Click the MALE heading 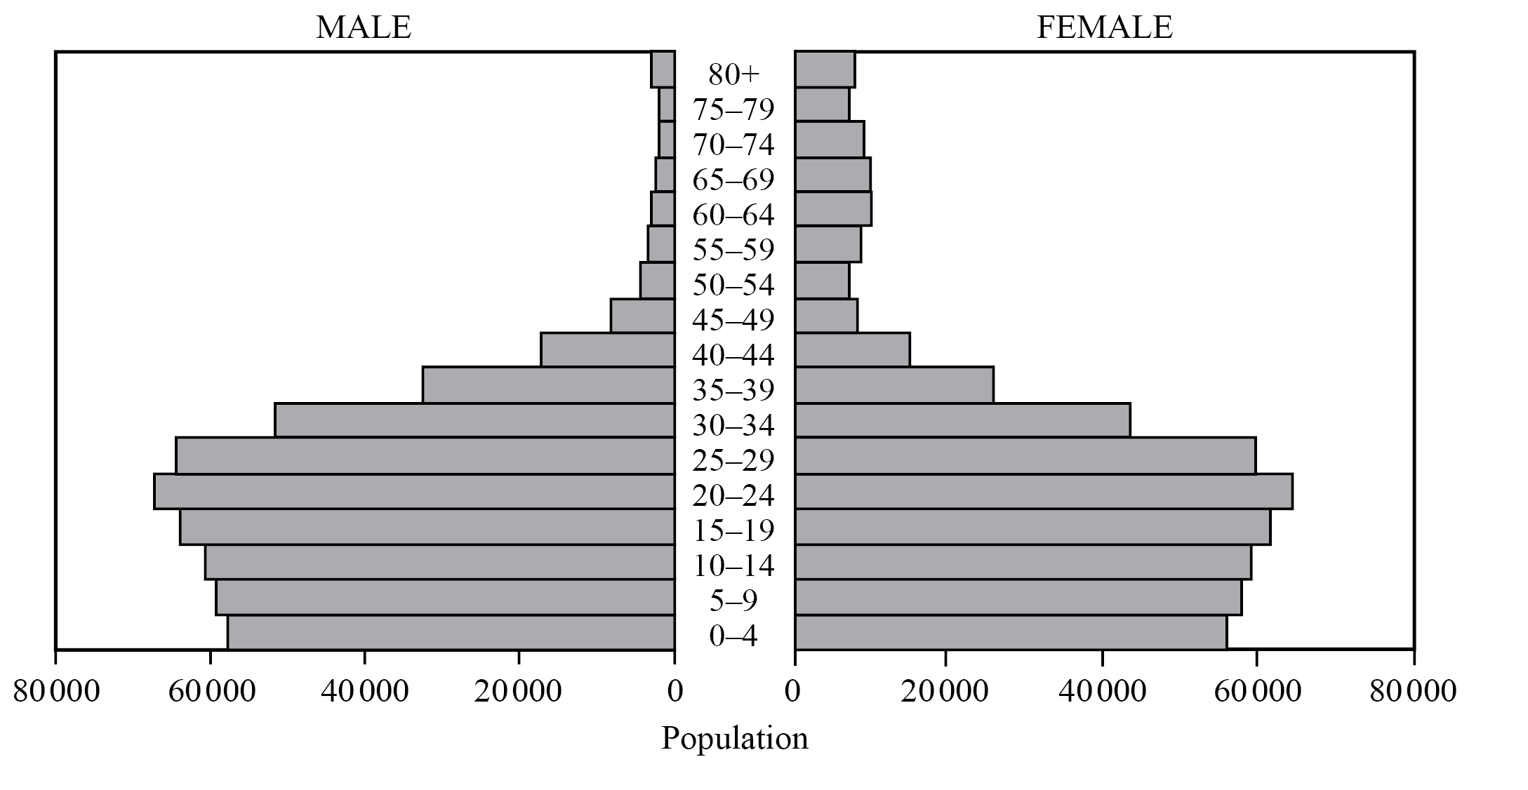click(x=363, y=27)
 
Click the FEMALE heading click(x=1104, y=27)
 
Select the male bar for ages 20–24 click(x=414, y=491)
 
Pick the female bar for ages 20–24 click(x=1044, y=491)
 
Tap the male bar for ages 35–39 click(x=548, y=384)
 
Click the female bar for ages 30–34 click(x=962, y=420)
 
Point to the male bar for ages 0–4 click(x=451, y=633)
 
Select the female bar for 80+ click(x=825, y=69)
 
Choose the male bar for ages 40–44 click(x=607, y=349)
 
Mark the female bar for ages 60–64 click(x=833, y=209)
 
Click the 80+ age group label click(x=733, y=74)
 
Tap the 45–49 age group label click(x=733, y=321)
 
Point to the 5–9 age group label click(x=733, y=601)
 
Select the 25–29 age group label click(x=733, y=461)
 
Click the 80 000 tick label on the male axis click(x=57, y=691)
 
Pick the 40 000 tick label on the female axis click(x=1102, y=691)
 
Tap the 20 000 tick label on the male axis click(x=518, y=691)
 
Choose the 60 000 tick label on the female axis click(x=1256, y=691)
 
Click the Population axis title click(x=735, y=739)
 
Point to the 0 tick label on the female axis click(x=793, y=691)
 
